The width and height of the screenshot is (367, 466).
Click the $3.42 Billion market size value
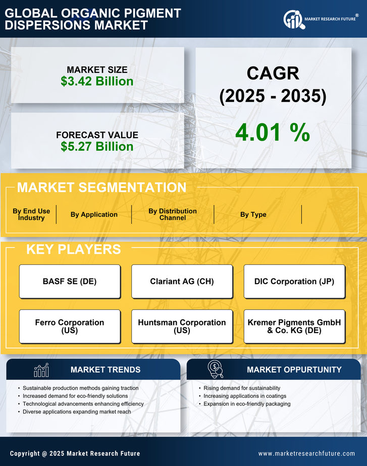coord(97,81)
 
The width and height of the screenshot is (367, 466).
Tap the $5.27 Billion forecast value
coord(97,147)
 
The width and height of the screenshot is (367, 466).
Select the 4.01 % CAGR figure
coord(273,132)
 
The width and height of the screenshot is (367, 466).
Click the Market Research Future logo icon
coord(292,20)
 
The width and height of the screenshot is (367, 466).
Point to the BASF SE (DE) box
coord(70,282)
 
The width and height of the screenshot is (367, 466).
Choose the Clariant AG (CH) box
coord(182,282)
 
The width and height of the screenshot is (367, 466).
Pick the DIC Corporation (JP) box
coord(294,282)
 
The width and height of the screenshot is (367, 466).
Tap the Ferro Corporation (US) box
coord(70,327)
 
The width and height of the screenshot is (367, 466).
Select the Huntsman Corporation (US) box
coord(182,327)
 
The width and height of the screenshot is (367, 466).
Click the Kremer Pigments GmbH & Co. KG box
coord(294,327)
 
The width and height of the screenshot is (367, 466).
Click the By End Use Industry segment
coord(31,215)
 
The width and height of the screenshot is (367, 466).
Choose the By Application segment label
coord(94,215)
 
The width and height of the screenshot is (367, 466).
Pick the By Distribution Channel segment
coord(173,215)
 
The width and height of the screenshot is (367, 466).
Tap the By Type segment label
coord(253,215)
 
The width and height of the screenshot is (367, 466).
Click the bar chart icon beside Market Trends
coord(41,370)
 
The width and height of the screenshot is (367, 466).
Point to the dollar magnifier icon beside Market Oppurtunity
coord(215,369)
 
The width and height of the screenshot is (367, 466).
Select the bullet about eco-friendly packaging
coord(247,404)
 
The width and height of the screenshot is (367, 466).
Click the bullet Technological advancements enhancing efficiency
coord(83,404)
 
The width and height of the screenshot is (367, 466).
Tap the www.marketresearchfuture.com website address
coord(306,453)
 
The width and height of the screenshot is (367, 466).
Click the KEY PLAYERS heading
coord(73,249)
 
